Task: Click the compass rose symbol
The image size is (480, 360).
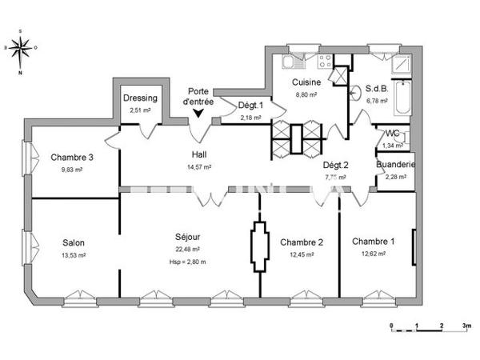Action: [x=22, y=49]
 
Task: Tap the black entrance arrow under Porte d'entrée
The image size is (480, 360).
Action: [x=198, y=114]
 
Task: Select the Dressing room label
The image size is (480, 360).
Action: [x=140, y=98]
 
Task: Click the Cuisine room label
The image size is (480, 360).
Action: [x=306, y=82]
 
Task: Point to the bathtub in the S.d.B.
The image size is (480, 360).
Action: [x=403, y=94]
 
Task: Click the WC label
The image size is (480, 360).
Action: [x=393, y=134]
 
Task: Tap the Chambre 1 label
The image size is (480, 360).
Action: [x=373, y=242]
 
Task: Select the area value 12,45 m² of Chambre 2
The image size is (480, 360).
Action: [x=302, y=254]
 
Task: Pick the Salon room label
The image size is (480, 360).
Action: [x=74, y=243]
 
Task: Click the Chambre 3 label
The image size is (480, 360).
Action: [x=72, y=158]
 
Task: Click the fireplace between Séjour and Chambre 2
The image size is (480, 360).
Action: [x=259, y=247]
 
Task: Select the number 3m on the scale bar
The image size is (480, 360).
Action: [x=466, y=327]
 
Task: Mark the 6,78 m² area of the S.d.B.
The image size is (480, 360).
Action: [x=376, y=102]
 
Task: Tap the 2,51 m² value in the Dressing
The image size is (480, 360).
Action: [x=140, y=110]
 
